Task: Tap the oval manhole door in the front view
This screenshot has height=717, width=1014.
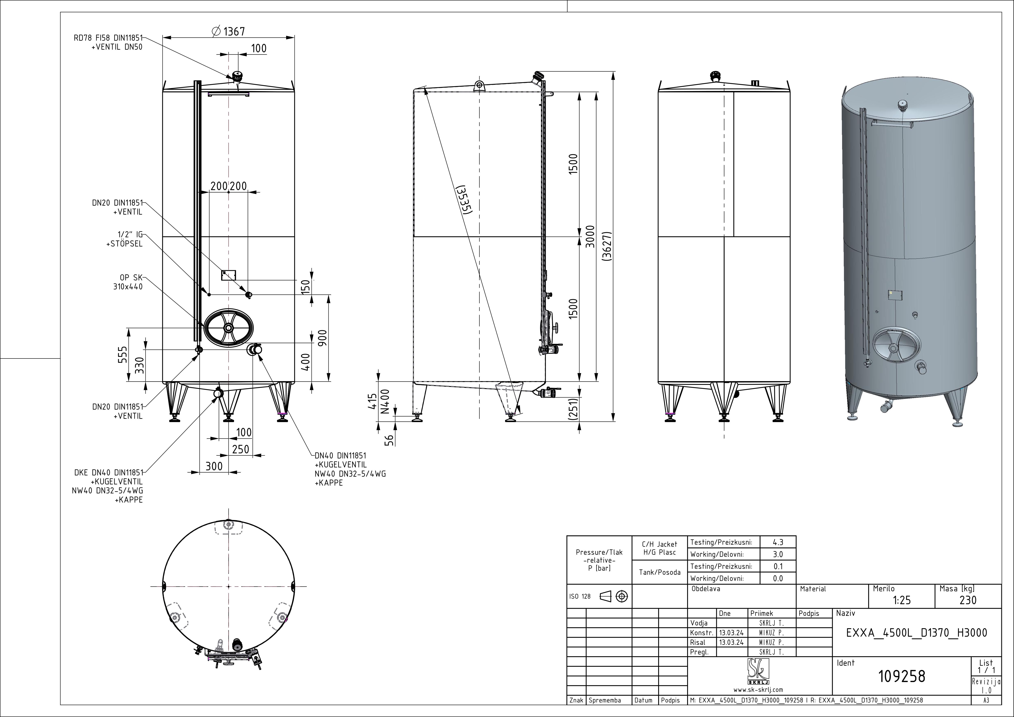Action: click(228, 328)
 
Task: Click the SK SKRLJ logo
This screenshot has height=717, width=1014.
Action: click(758, 672)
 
